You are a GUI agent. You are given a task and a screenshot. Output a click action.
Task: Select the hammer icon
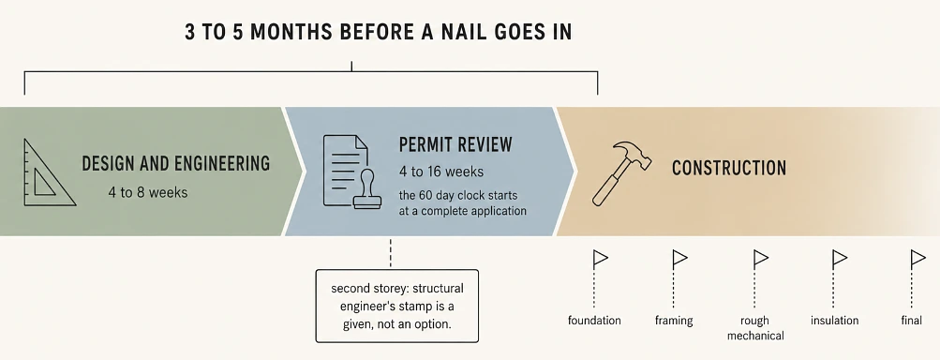click(621, 173)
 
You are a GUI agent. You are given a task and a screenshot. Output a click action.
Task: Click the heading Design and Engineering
click(175, 163)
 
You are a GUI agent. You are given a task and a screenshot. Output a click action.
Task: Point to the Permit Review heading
click(455, 144)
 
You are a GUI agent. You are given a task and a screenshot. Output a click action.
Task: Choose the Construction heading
click(729, 168)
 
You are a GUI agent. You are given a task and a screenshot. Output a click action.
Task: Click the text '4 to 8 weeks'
click(147, 192)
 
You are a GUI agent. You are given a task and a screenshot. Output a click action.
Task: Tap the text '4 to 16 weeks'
click(441, 172)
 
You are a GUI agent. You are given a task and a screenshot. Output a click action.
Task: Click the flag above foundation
click(600, 259)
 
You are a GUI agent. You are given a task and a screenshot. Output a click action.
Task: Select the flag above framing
click(679, 259)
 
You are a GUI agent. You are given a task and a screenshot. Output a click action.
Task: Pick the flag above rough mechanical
click(760, 259)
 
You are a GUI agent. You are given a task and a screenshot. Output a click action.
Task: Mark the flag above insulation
click(840, 259)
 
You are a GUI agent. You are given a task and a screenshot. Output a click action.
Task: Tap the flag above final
click(918, 259)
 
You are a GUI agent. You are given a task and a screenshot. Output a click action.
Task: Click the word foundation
click(594, 321)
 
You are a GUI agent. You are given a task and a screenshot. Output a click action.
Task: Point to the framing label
click(674, 321)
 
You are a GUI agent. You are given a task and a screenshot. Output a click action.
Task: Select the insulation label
click(834, 321)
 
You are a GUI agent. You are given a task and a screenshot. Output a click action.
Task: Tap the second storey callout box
click(396, 306)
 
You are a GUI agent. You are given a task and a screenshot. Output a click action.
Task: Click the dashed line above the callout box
click(390, 252)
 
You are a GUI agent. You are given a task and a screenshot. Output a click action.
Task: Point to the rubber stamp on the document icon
click(366, 190)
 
